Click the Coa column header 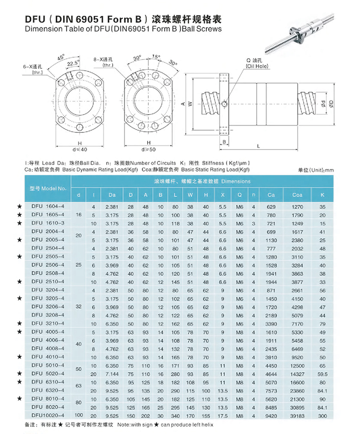(x=297, y=195)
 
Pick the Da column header (x=112, y=195)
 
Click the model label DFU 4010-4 (x=47, y=358)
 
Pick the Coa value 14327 (x=298, y=374)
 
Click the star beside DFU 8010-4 (x=20, y=399)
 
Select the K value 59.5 (x=322, y=374)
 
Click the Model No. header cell (x=47, y=187)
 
